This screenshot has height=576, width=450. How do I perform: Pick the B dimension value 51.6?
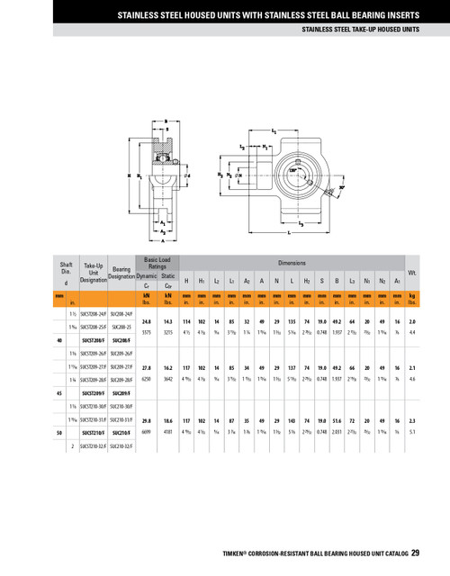pos(337,419)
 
